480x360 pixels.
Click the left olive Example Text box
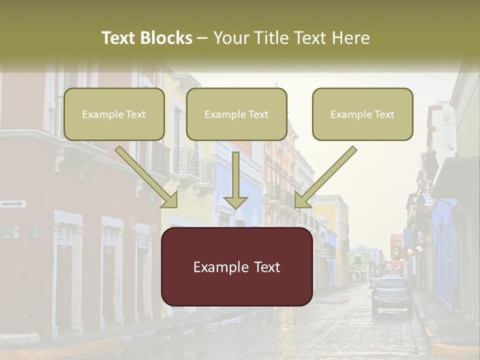pos(114,114)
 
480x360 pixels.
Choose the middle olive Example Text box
pos(236,114)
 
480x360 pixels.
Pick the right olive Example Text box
pos(362,114)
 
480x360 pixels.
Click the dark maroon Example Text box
pos(236,266)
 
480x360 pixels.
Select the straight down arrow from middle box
pos(235,180)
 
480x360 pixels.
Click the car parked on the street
pos(392,295)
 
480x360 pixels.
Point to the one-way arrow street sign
pos(13,203)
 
